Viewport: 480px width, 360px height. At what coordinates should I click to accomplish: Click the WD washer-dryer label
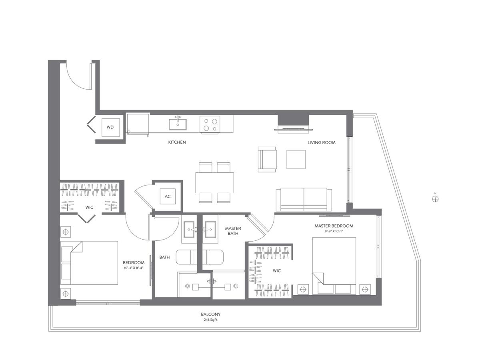click(110, 127)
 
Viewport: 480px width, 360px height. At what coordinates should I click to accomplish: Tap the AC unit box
click(168, 196)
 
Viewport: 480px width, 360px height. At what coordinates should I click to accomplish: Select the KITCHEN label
click(177, 142)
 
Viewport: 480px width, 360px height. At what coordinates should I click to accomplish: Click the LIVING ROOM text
click(322, 142)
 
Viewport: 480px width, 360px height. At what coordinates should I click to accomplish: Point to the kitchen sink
click(178, 124)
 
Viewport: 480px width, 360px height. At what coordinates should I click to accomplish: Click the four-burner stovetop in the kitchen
click(210, 124)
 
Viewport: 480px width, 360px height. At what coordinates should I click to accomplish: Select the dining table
click(214, 183)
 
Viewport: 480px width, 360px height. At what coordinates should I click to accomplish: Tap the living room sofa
click(304, 199)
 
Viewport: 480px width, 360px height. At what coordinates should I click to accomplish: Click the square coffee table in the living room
click(296, 159)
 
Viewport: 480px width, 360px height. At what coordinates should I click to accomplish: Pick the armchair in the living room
click(267, 159)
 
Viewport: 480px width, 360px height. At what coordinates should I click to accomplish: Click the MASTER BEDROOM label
click(334, 226)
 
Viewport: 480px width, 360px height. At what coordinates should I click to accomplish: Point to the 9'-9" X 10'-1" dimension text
click(334, 231)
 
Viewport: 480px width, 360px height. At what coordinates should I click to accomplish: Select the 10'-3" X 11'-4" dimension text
click(133, 268)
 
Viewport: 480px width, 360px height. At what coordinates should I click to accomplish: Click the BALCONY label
click(210, 314)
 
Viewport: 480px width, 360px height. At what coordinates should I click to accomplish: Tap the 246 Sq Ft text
click(210, 320)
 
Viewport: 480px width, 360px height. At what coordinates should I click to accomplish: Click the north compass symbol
click(435, 199)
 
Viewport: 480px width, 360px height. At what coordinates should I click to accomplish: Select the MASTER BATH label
click(233, 231)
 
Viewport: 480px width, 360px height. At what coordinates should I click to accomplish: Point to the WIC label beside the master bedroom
click(277, 271)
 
